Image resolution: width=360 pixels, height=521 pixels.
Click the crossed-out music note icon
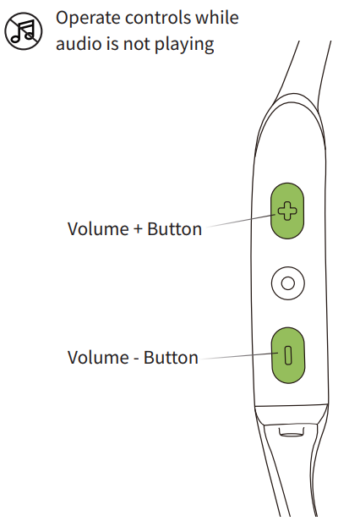tap(24, 31)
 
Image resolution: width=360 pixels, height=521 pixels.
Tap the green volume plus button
tap(287, 211)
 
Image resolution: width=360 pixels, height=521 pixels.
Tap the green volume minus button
tap(288, 355)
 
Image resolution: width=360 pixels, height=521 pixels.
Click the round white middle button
tap(287, 283)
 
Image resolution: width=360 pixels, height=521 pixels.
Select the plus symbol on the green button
tap(287, 211)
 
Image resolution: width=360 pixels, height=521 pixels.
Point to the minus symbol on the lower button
tap(288, 355)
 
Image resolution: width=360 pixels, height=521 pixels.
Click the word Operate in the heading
tap(88, 19)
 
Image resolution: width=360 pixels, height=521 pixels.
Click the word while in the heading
tap(217, 17)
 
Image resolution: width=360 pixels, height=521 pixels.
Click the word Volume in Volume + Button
tap(98, 229)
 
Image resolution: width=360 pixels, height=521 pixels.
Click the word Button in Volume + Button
tap(174, 229)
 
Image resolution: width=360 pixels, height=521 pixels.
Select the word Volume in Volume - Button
tap(98, 358)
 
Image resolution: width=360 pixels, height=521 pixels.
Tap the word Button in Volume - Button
tap(171, 358)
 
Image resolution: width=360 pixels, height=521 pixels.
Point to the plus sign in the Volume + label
tap(138, 229)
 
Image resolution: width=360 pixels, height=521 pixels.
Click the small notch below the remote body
tap(291, 431)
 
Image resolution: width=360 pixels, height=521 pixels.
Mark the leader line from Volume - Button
tap(240, 356)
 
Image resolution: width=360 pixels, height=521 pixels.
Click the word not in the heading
tap(136, 43)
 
